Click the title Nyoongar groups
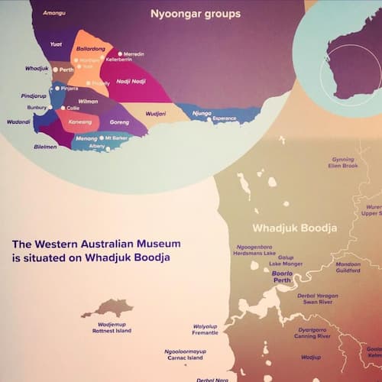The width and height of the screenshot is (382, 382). pyautogui.click(x=196, y=14)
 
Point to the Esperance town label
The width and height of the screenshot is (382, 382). pyautogui.click(x=225, y=119)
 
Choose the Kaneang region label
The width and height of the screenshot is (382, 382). pyautogui.click(x=79, y=121)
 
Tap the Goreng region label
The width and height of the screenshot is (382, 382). pyautogui.click(x=119, y=121)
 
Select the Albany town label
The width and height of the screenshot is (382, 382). pyautogui.click(x=96, y=146)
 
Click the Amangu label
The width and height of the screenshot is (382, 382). pyautogui.click(x=54, y=14)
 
